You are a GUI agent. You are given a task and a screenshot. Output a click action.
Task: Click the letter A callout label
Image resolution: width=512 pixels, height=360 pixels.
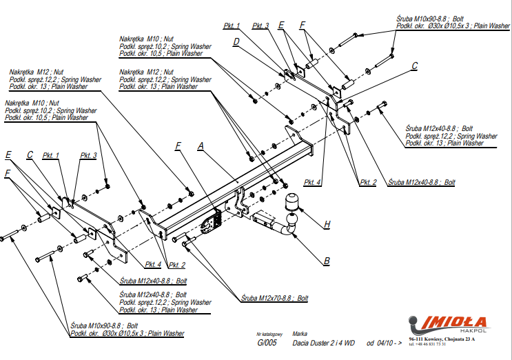201,146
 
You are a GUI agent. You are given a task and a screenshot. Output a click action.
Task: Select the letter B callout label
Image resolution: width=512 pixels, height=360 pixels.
327,261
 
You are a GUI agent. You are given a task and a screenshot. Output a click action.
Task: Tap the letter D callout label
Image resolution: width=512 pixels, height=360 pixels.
236,42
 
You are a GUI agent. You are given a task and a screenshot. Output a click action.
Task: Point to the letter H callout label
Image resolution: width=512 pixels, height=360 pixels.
327,223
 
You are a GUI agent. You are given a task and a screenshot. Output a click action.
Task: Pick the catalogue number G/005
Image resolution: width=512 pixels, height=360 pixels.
267,343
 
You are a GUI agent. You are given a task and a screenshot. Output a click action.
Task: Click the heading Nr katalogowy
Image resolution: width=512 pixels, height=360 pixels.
269,332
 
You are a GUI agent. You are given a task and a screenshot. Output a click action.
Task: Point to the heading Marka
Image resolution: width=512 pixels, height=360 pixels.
300,332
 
